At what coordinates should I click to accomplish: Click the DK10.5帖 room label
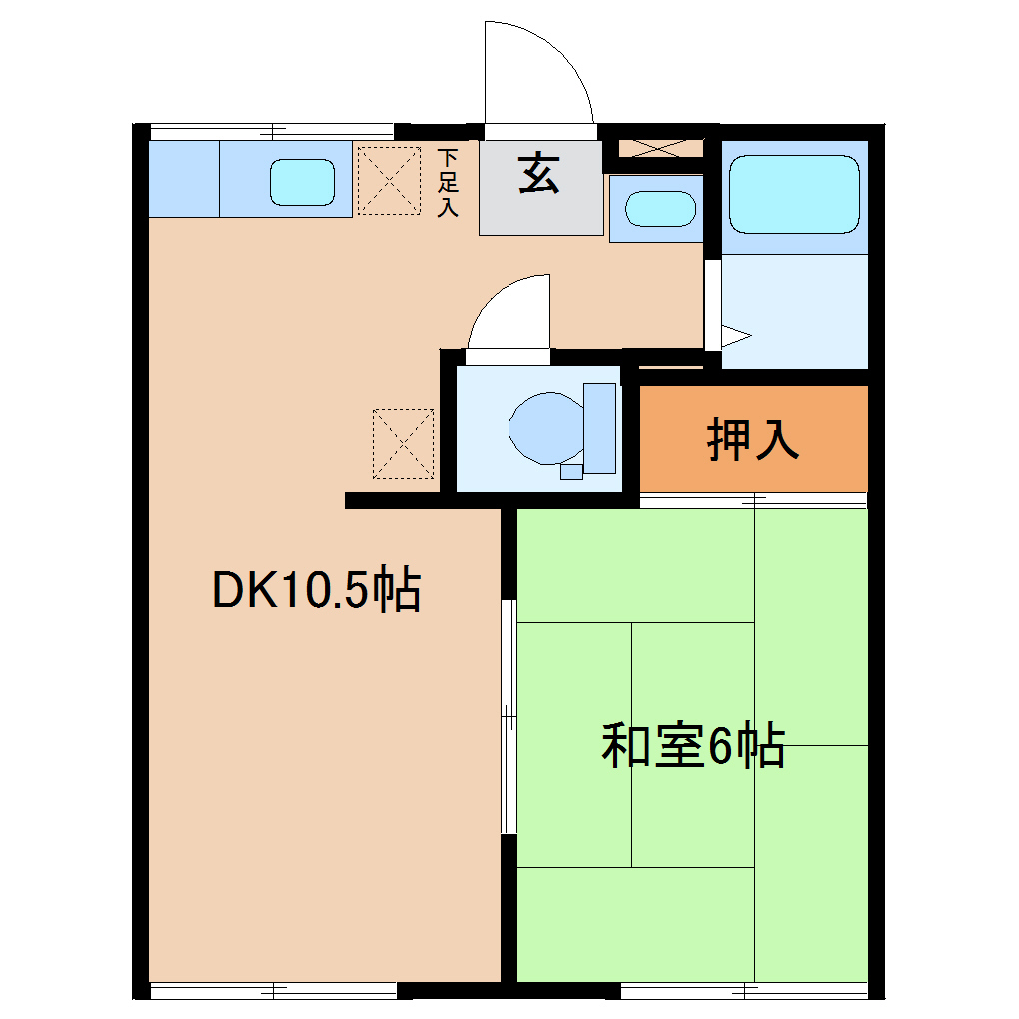pos(316,591)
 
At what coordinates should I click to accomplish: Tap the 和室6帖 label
pos(692,746)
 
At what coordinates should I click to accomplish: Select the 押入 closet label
pos(753,439)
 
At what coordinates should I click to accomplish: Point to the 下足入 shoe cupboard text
pos(449,182)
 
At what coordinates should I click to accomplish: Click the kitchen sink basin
pos(302,182)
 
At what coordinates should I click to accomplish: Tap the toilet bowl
pos(545,427)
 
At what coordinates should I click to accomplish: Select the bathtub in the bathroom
pos(794,194)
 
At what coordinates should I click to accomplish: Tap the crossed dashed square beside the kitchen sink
pos(388,180)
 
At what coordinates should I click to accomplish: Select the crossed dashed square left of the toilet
pos(403,442)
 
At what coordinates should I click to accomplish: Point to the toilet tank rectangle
pos(600,427)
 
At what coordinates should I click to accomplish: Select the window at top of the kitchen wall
pos(272,129)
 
